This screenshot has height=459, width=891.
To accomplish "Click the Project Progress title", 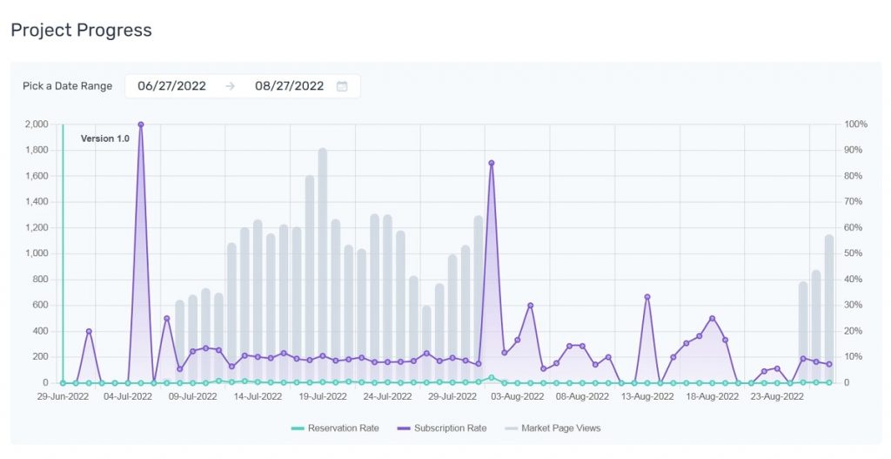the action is [81, 30].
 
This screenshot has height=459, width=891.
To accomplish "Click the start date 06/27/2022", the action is [171, 86].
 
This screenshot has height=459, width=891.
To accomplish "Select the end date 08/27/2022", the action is [289, 86].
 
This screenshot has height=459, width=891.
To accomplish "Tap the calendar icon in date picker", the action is [342, 86].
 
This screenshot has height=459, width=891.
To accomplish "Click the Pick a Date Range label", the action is [68, 86].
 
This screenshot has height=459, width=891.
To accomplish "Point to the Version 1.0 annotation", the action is [105, 138].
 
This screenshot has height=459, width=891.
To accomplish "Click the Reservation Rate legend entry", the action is [335, 429].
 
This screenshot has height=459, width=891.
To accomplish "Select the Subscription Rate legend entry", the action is [441, 429].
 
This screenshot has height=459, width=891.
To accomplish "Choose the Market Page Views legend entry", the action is [553, 429].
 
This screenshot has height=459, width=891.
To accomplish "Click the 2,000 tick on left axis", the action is [37, 124].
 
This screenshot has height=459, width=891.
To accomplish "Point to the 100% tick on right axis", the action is [856, 124].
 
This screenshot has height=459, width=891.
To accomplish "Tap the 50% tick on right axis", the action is [853, 253].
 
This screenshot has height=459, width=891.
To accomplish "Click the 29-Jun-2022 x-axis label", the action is [63, 396].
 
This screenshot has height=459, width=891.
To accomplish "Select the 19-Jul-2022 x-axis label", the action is [323, 396].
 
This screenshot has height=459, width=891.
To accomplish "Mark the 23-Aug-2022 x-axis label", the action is [777, 396].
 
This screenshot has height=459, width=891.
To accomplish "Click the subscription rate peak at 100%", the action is [141, 125].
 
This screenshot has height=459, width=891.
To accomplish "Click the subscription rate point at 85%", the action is [492, 163].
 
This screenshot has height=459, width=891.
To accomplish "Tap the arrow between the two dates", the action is [230, 86].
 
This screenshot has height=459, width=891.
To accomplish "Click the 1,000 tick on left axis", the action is [37, 253].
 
